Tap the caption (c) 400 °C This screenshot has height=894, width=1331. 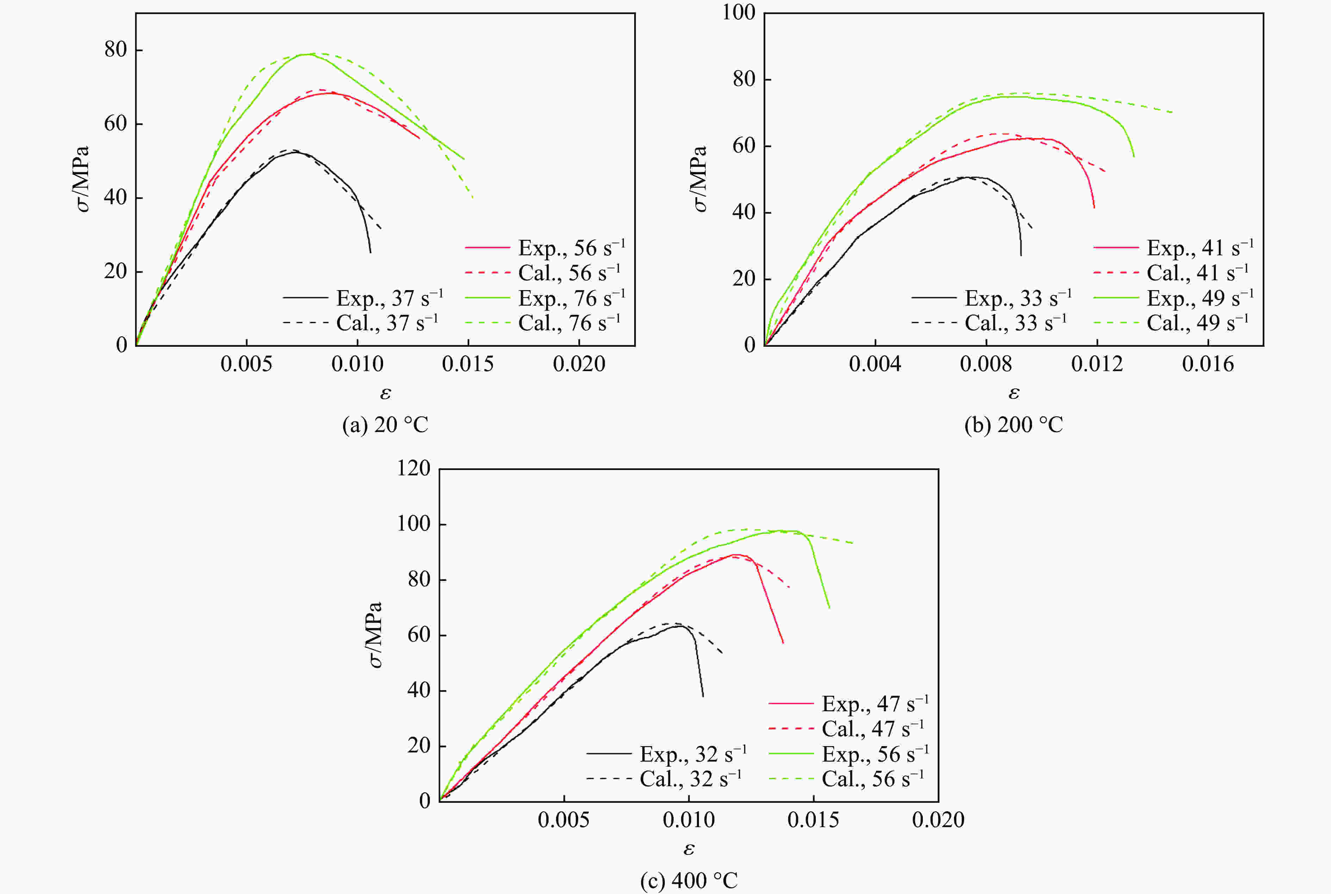click(x=689, y=881)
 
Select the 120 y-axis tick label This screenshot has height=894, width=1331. click(x=414, y=469)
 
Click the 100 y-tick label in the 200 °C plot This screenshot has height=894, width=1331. click(x=739, y=13)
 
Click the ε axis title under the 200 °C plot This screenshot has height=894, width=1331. click(x=1013, y=393)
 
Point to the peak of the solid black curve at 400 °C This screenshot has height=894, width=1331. click(x=680, y=626)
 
